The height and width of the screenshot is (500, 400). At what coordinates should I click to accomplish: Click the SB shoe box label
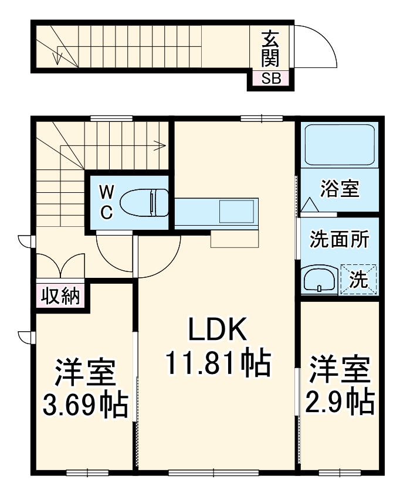271,78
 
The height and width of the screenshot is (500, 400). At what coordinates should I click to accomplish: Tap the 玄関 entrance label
270,49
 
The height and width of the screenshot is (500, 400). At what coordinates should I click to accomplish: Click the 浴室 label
340,190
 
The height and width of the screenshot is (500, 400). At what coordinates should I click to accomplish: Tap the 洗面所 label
340,239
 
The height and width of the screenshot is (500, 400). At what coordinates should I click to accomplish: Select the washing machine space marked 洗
359,280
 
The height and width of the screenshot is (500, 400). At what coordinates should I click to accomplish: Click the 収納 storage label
60,297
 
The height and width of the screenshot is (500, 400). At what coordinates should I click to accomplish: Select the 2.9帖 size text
340,401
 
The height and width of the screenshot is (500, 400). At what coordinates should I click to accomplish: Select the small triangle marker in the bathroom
309,205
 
